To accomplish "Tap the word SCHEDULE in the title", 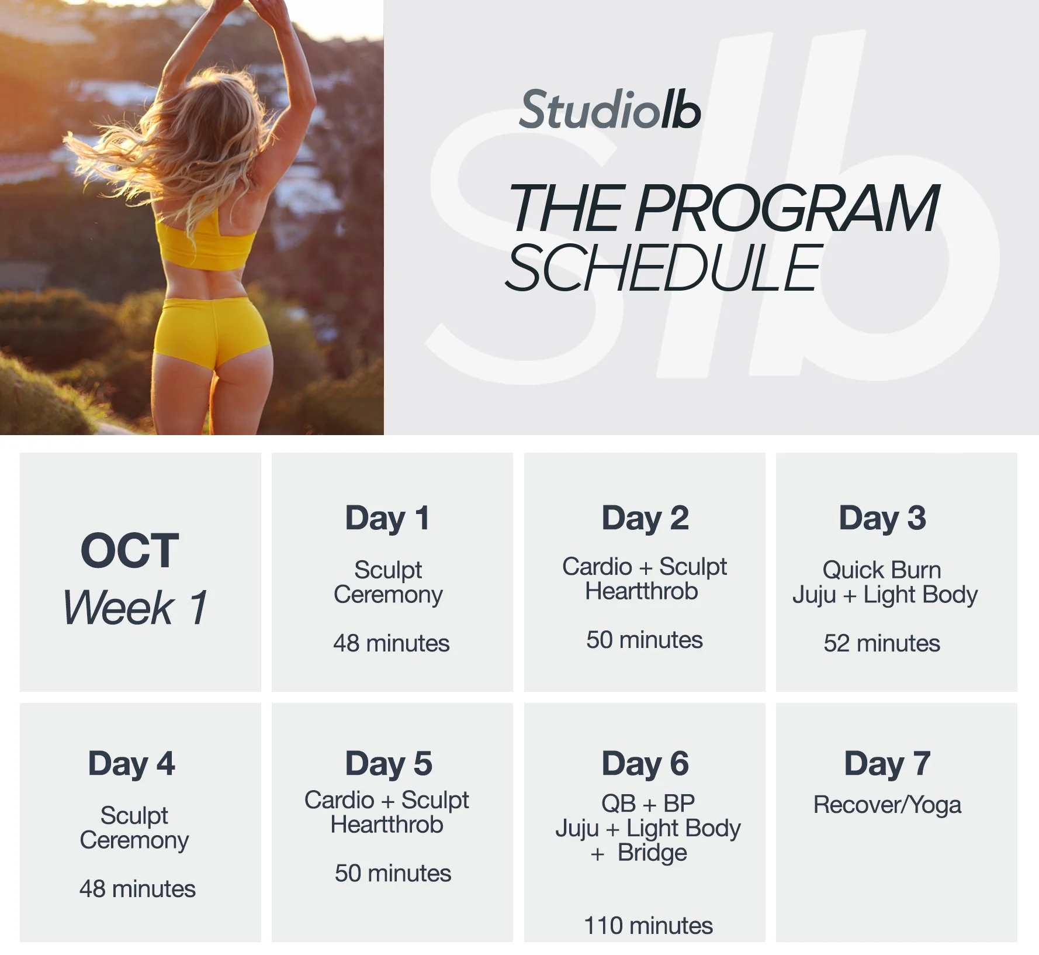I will point(664,268).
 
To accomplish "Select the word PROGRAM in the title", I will point(787,208).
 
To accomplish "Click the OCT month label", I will point(130,551).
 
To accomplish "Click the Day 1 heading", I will point(387,518).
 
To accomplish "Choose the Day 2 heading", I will point(645,518).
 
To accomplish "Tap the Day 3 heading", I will point(882,518).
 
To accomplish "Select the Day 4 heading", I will point(131,764).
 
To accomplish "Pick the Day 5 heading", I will point(389,764).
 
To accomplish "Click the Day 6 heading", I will point(645,764).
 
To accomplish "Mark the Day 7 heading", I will point(887,764).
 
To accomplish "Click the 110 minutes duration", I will point(648,926).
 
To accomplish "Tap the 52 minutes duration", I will point(882,643).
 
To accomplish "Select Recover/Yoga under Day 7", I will point(887,805).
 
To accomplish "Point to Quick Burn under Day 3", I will point(882,570).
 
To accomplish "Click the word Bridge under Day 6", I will point(652,853).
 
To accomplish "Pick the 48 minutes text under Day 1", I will point(391,643).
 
